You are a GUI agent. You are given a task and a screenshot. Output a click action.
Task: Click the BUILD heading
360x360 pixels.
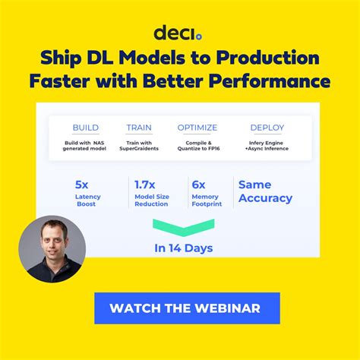coord(85,128)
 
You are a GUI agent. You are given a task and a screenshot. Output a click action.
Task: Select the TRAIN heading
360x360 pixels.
coord(139,128)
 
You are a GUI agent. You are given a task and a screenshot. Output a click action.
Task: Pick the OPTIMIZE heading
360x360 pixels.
coord(197,128)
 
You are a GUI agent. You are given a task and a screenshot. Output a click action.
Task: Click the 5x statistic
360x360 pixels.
coord(82,184)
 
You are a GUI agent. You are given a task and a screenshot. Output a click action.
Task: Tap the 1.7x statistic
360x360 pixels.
coord(146,184)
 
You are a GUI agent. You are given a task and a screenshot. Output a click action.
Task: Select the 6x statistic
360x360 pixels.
coord(200,184)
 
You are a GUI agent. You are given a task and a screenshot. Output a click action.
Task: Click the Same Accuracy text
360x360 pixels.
coord(265,191)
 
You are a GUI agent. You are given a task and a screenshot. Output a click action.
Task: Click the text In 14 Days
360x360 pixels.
coord(183,248)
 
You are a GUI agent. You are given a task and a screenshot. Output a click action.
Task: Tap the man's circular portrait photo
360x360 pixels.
coord(52,249)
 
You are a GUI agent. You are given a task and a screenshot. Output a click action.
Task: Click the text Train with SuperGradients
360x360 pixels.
coord(139,144)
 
